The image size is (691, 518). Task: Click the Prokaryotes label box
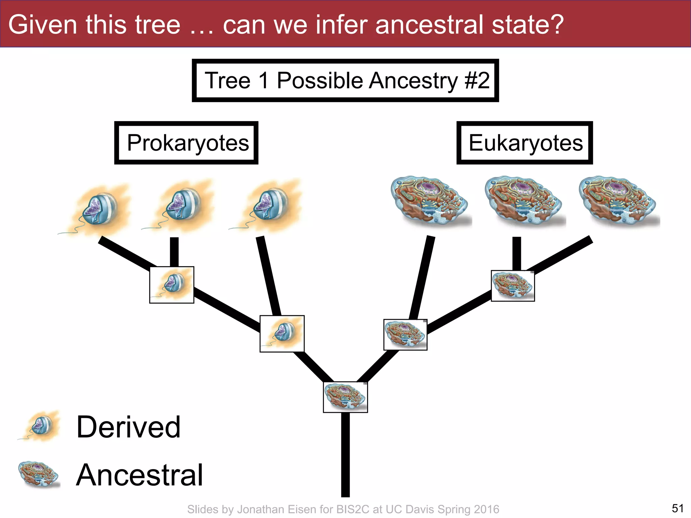(186, 143)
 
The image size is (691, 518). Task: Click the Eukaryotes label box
(525, 143)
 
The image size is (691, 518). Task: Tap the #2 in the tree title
(477, 81)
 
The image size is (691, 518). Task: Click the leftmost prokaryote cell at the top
(98, 209)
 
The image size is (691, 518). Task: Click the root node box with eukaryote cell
(345, 397)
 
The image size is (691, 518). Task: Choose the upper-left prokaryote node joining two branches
(172, 285)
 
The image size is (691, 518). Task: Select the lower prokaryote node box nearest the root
(282, 334)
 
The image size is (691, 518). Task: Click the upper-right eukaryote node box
(513, 286)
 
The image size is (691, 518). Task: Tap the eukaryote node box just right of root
(405, 335)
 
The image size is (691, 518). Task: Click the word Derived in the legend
(128, 427)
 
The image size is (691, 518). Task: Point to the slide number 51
(678, 508)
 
